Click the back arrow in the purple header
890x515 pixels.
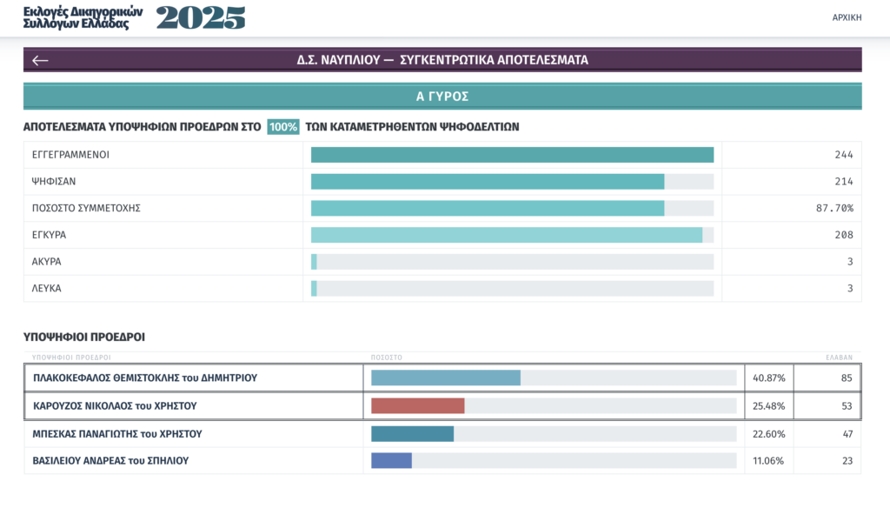coord(40,60)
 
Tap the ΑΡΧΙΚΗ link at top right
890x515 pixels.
coord(847,17)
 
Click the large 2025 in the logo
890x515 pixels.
coord(201,17)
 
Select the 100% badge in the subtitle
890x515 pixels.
coord(283,127)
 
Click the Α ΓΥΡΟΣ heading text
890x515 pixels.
coord(442,97)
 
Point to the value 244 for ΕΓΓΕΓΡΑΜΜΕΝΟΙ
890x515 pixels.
coord(843,155)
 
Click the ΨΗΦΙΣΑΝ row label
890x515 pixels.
coord(53,181)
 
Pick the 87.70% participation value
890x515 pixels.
coord(834,208)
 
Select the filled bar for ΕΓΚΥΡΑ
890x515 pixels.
coord(507,235)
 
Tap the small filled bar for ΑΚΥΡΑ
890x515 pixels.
coord(314,262)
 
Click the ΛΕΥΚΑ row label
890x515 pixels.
coord(46,288)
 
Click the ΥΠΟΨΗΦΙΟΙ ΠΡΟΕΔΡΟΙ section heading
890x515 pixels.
coord(84,337)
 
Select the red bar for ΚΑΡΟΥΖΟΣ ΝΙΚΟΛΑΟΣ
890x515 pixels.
coord(418,406)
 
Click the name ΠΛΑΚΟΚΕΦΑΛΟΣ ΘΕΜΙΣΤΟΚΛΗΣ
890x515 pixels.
coord(106,378)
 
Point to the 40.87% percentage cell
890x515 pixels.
coord(768,378)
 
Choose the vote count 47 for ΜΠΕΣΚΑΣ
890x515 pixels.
coord(847,434)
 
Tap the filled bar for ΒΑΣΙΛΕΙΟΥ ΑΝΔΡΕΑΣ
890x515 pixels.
coord(392,460)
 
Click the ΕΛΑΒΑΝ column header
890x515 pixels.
coord(839,358)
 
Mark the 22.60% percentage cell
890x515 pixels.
coord(768,434)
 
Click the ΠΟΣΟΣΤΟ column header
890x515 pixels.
coord(387,358)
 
